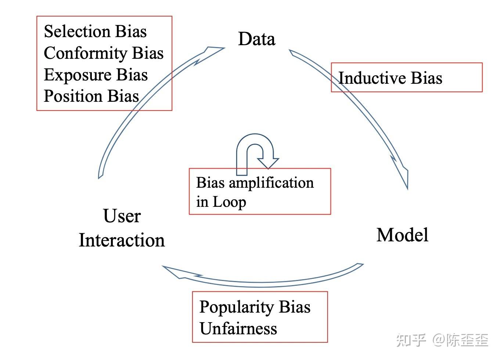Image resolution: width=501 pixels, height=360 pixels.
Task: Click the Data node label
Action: pyautogui.click(x=256, y=39)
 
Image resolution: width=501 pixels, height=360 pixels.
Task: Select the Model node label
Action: pyautogui.click(x=402, y=235)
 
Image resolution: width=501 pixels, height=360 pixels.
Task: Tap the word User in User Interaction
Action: pyautogui.click(x=122, y=216)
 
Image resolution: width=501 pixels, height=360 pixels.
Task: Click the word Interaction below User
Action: pyautogui.click(x=122, y=240)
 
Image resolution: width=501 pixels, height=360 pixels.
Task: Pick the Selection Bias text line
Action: pyautogui.click(x=95, y=31)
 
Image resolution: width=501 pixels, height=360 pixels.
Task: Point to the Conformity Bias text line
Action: pyautogui.click(x=104, y=53)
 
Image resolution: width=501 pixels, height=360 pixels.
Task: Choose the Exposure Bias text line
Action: pyautogui.click(x=95, y=75)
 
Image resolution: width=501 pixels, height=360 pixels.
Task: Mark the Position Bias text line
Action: pyautogui.click(x=91, y=96)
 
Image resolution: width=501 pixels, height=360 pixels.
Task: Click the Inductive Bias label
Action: pyautogui.click(x=390, y=78)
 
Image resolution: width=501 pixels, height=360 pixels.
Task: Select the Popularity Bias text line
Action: pyautogui.click(x=255, y=307)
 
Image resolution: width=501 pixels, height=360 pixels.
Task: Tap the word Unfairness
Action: pyautogui.click(x=238, y=328)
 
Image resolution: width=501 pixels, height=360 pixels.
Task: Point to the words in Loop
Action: pyautogui.click(x=221, y=202)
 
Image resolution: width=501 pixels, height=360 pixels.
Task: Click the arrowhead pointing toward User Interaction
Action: pyautogui.click(x=176, y=272)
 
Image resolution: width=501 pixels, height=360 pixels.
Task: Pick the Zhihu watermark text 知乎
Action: pyautogui.click(x=411, y=340)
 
